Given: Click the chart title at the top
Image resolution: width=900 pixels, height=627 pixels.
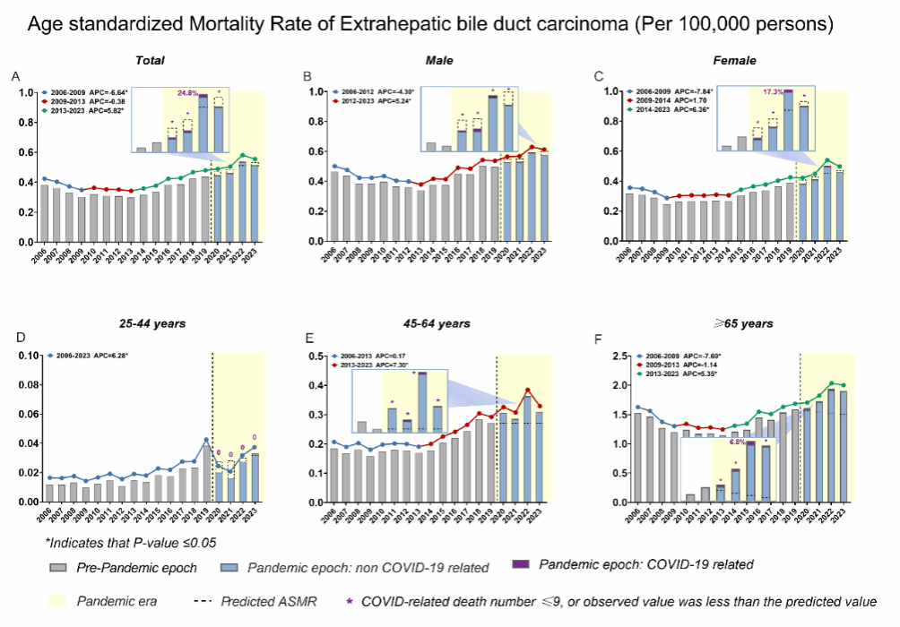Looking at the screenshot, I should coord(431,24).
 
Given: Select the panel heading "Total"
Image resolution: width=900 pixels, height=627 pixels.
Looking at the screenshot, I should coord(149,60).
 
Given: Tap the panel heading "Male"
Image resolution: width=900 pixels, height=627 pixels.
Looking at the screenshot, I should coord(438,60).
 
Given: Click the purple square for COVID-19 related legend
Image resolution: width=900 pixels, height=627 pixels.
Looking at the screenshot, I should coord(520,564).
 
